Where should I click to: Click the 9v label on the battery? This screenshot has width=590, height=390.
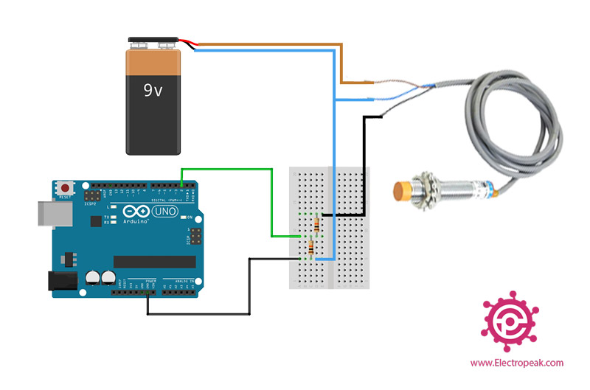click(153, 91)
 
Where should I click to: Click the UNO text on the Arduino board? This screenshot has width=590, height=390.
click(164, 212)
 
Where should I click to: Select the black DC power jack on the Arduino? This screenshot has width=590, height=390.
click(62, 281)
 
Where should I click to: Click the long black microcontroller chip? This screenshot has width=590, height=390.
click(154, 262)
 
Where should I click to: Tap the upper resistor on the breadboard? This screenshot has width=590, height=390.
click(317, 223)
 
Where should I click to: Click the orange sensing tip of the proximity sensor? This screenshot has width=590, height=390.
click(403, 191)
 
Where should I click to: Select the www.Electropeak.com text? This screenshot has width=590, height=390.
click(516, 363)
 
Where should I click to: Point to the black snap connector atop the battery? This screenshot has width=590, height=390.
click(153, 42)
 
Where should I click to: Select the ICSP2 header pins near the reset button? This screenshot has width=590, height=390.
click(93, 198)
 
